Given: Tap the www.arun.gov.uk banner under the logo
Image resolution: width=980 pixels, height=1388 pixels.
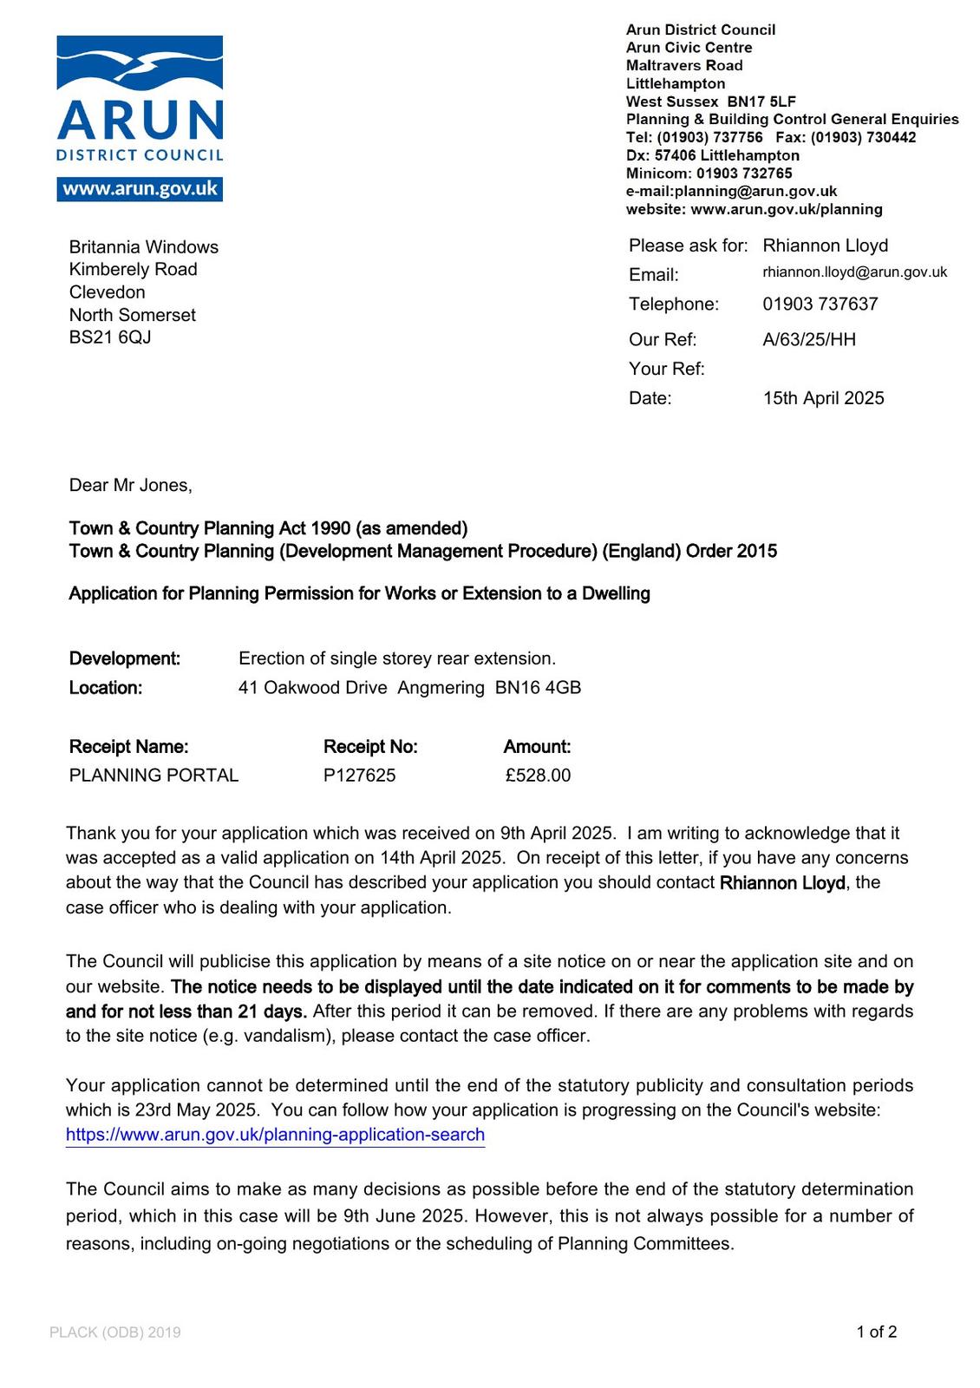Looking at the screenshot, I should [140, 189].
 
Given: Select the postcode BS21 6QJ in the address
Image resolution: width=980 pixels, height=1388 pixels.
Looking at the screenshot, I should [110, 337].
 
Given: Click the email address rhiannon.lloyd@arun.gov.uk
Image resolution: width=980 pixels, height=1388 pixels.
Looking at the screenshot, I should [854, 272].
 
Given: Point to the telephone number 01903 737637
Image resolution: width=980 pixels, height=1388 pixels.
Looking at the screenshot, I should [820, 304].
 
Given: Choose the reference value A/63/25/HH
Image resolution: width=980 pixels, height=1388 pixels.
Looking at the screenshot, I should [808, 339].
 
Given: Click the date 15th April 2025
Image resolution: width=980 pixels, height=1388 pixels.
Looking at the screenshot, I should [823, 398].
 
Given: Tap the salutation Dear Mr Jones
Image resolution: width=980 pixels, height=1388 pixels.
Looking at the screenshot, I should [130, 485].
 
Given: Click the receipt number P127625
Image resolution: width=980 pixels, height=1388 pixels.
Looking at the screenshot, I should [359, 775].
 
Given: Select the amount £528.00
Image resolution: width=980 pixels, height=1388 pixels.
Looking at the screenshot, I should [538, 775].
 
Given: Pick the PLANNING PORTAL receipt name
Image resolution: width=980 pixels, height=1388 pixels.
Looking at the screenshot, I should [154, 775].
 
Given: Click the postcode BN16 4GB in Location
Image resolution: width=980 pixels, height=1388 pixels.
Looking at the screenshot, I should [538, 688].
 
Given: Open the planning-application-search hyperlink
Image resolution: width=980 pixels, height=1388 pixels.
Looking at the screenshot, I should [275, 1135].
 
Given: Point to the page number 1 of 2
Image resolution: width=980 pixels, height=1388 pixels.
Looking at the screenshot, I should [876, 1332].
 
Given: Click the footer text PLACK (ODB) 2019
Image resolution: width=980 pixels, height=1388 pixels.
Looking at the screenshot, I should [115, 1332].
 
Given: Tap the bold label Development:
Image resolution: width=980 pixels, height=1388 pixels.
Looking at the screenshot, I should [125, 658].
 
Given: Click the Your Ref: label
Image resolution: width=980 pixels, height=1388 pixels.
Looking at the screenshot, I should [666, 369].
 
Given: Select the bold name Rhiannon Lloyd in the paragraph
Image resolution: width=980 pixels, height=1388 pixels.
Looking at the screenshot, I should [782, 883].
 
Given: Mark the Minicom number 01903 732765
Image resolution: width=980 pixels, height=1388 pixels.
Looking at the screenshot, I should [744, 173].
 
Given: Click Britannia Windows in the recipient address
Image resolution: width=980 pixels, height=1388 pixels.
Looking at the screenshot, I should [144, 247].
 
